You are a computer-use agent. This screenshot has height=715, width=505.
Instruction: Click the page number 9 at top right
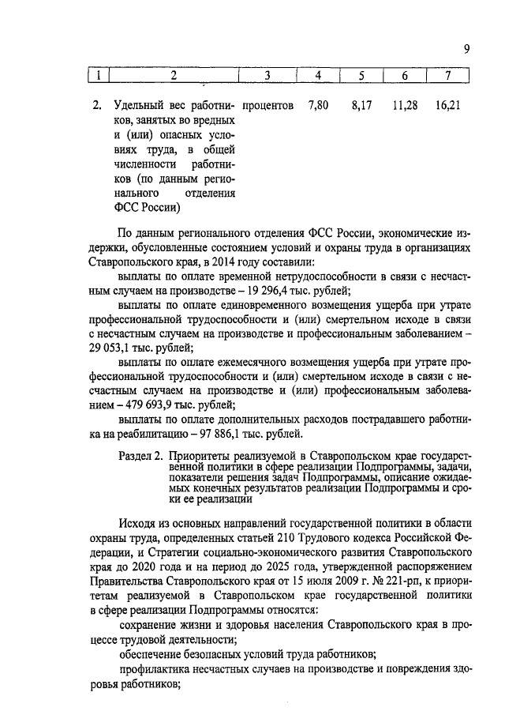pos(467,49)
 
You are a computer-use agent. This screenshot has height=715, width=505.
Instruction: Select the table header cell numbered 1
pos(98,76)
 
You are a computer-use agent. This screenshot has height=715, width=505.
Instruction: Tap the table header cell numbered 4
pos(317,76)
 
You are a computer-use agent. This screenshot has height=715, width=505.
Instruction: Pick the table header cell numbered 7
pos(447,76)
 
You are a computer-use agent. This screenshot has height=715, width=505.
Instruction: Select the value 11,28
pos(405,104)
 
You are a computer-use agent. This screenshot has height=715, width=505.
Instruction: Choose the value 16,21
pos(447,104)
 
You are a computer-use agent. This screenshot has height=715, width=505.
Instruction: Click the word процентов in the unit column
pos(268,104)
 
